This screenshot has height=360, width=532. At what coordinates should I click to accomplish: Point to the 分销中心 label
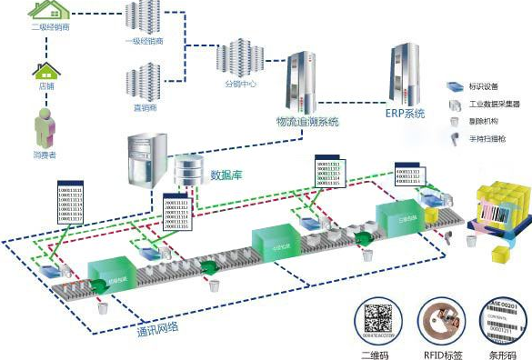point(239,84)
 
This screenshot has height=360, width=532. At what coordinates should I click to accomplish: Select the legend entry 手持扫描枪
point(487,138)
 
